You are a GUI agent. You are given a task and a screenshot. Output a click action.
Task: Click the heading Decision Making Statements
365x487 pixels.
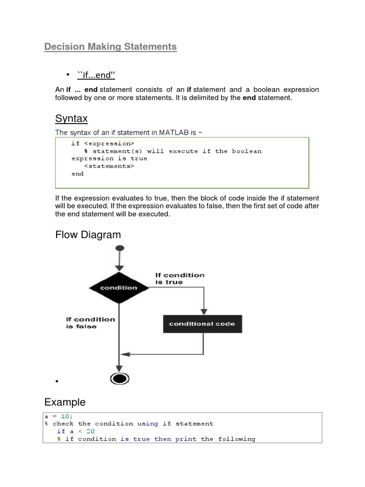110,47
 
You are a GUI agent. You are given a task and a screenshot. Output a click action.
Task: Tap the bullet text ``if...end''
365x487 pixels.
96,75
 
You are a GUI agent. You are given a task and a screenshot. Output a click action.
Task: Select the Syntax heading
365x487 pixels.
71,118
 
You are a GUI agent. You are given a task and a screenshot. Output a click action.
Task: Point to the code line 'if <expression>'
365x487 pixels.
103,143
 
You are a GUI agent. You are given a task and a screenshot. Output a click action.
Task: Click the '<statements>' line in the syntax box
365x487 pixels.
109,166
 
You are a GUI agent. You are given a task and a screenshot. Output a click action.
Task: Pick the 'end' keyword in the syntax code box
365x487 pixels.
77,174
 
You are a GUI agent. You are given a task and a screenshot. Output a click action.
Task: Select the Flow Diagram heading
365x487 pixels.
88,234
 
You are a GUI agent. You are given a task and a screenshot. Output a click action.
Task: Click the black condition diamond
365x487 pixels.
119,288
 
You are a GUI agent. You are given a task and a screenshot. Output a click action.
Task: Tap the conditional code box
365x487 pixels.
202,324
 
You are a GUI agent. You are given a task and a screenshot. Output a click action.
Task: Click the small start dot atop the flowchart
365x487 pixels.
120,248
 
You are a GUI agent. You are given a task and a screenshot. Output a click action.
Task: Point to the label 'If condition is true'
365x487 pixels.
180,279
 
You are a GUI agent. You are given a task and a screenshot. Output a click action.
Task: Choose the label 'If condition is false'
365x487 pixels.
90,323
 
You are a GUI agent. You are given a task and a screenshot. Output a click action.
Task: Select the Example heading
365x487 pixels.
65,402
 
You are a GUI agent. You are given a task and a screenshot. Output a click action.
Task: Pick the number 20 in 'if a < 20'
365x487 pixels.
91,431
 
